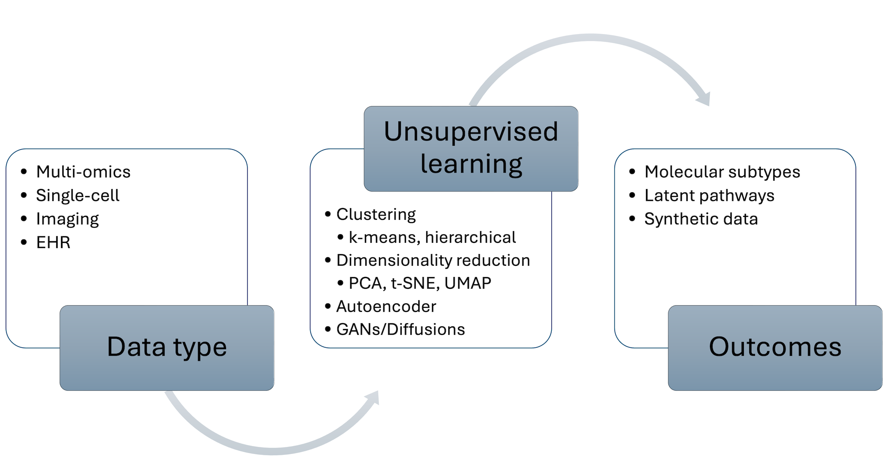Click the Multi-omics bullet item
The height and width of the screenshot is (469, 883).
pyautogui.click(x=83, y=172)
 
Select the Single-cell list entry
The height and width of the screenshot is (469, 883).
pyautogui.click(x=78, y=195)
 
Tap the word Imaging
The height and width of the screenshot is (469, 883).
pyautogui.click(x=68, y=219)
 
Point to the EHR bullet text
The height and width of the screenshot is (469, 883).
pyautogui.click(x=53, y=242)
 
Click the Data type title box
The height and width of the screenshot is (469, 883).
pyautogui.click(x=167, y=348)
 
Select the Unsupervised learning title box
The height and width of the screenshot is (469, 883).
pyautogui.click(x=471, y=148)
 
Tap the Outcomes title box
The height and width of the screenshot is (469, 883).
pyautogui.click(x=775, y=348)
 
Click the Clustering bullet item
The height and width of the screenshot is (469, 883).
pyautogui.click(x=376, y=215)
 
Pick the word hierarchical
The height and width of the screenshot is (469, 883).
pyautogui.click(x=470, y=238)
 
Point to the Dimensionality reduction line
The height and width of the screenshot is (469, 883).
pyautogui.click(x=433, y=261)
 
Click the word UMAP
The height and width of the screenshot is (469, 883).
pyautogui.click(x=468, y=284)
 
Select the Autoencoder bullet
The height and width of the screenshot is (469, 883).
pyautogui.click(x=386, y=306)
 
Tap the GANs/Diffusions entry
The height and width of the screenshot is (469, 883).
pyautogui.click(x=400, y=329)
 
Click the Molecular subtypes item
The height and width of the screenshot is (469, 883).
pyautogui.click(x=722, y=172)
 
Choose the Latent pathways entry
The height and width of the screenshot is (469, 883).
pyautogui.click(x=709, y=195)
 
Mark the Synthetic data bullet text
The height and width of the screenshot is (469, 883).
pyautogui.click(x=701, y=219)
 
